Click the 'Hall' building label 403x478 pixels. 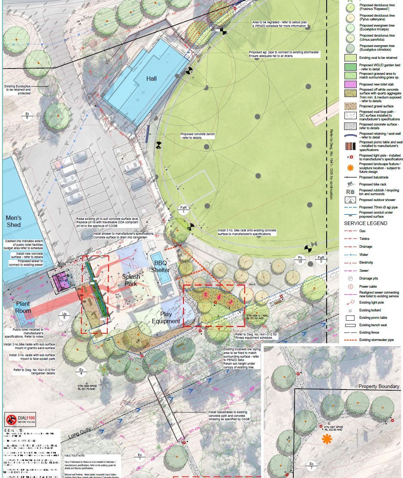pyautogui.click(x=151, y=78)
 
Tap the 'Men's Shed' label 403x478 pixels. pyautogui.click(x=13, y=221)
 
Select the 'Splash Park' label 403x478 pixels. pyautogui.click(x=131, y=280)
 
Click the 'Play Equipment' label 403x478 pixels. pyautogui.click(x=166, y=318)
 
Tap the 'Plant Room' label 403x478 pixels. pyautogui.click(x=23, y=307)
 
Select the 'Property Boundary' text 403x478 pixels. pyautogui.click(x=379, y=386)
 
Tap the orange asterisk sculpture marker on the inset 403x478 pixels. pyautogui.click(x=326, y=439)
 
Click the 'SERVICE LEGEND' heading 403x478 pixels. pyautogui.click(x=366, y=223)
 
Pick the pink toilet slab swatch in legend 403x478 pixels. pyautogui.click(x=350, y=84)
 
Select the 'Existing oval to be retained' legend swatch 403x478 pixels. pyautogui.click(x=350, y=58)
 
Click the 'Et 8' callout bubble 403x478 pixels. pyautogui.click(x=27, y=116)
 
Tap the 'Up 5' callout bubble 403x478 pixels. pyautogui.click(x=64, y=316)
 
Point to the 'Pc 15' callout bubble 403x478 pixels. pyautogui.click(x=300, y=260)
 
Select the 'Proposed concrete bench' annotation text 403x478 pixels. pyautogui.click(x=197, y=136)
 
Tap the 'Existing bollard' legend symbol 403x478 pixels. pyautogui.click(x=350, y=310)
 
